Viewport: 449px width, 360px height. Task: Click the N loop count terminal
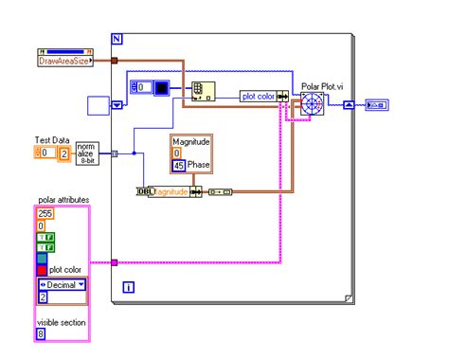coord(117,39)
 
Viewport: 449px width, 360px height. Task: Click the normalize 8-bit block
coord(88,153)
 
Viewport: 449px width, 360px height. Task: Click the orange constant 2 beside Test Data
coord(63,152)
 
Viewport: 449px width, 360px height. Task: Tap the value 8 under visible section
coord(42,333)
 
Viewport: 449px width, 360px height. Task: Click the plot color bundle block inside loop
coord(260,96)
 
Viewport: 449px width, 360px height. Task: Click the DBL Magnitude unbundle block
coord(167,191)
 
